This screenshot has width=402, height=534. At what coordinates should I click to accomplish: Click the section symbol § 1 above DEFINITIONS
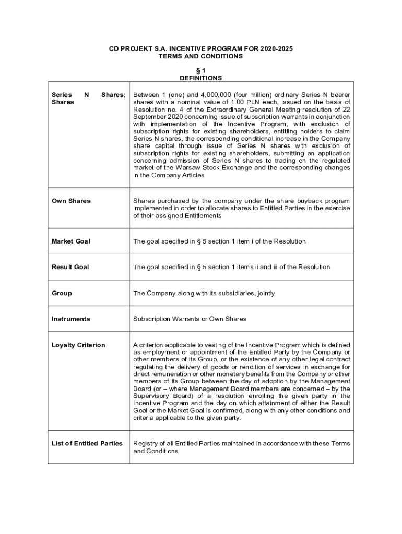tap(200, 70)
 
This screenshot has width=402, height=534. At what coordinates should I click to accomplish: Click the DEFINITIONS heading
tap(200, 78)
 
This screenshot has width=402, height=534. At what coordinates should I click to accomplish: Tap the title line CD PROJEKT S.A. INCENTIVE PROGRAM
tap(200, 48)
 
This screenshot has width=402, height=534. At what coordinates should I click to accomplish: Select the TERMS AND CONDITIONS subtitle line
tap(200, 56)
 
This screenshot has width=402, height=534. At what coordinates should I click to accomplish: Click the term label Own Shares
tap(71, 201)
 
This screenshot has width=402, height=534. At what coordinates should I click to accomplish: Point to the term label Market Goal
tap(71, 241)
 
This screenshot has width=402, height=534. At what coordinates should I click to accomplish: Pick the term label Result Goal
tap(70, 267)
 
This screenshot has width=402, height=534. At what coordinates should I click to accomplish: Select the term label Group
tap(62, 293)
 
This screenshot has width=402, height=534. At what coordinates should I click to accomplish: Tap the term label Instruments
tap(71, 319)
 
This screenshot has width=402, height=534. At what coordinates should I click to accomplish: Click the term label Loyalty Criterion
tap(78, 345)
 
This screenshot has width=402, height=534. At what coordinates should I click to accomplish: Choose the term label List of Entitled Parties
tap(87, 443)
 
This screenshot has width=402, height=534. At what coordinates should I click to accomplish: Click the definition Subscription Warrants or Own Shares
tap(190, 319)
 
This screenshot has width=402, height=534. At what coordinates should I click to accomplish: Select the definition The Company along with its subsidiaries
tap(204, 293)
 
